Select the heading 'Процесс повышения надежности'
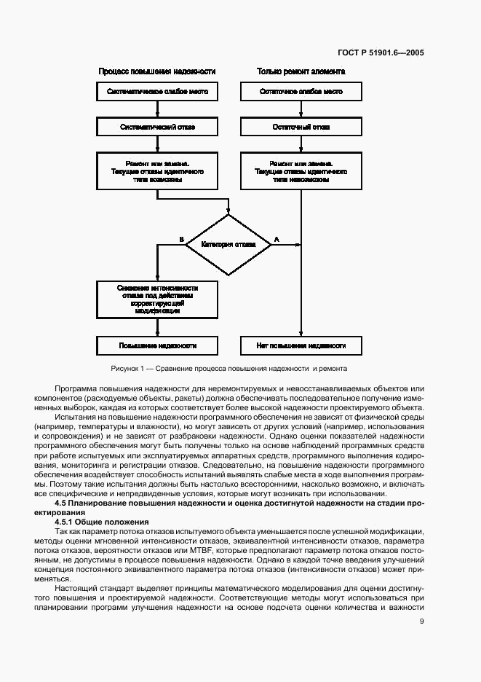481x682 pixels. point(157,71)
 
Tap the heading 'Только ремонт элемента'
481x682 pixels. point(301,71)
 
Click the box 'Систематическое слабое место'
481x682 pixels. point(157,92)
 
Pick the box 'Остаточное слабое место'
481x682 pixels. point(301,92)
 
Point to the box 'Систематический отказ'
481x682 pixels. point(157,127)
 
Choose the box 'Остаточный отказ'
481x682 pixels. point(301,127)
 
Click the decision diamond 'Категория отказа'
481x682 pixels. point(229,244)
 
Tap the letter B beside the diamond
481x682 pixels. point(180,239)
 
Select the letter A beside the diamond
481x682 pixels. point(276,239)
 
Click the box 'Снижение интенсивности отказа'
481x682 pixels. point(157,299)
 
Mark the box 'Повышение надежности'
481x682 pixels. point(157,345)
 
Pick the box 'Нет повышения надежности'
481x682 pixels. point(301,345)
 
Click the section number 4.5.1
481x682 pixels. point(67,522)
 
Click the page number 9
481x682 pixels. point(421,621)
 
